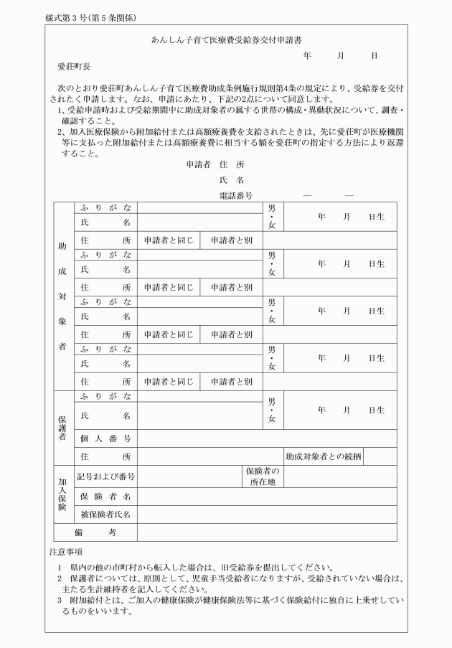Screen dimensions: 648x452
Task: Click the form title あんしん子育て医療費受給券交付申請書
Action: tap(226, 41)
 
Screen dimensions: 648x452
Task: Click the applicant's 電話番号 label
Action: tap(235, 194)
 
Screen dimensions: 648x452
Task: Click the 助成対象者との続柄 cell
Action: tap(323, 456)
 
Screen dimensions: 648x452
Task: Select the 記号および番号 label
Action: tap(106, 476)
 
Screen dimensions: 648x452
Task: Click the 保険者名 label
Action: tap(105, 496)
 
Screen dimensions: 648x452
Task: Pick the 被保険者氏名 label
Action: tap(105, 514)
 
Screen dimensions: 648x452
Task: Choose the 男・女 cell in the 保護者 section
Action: tap(271, 410)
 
